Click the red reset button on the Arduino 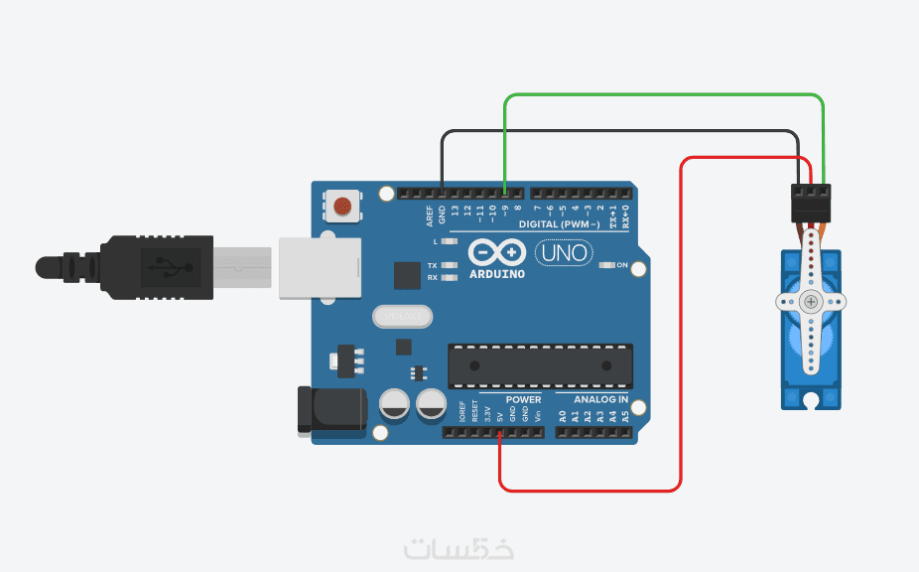tap(341, 206)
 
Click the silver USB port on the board tap(318, 266)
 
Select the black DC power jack tap(331, 409)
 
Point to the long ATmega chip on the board tap(540, 364)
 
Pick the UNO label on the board tap(564, 253)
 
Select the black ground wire tap(615, 131)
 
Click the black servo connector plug tap(811, 203)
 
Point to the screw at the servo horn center tap(812, 301)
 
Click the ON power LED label tap(623, 265)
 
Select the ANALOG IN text tap(602, 399)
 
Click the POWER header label tap(524, 399)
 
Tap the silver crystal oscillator tap(403, 316)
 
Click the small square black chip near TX tap(407, 275)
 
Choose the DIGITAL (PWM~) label tap(559, 224)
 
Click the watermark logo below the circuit tap(459, 547)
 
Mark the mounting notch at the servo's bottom tap(812, 401)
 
